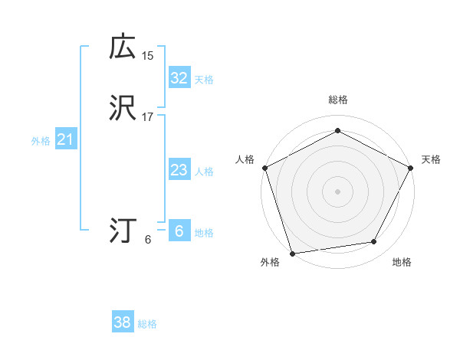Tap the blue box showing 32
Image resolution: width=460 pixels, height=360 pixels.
click(x=179, y=77)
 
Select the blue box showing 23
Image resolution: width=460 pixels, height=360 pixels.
click(x=179, y=170)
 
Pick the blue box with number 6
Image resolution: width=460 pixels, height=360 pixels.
click(x=179, y=231)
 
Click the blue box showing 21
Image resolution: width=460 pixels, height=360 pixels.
click(x=65, y=139)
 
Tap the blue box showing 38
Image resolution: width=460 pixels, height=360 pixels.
click(x=122, y=322)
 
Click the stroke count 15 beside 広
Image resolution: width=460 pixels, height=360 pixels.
click(x=148, y=55)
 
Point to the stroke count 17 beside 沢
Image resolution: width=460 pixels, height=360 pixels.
click(x=148, y=117)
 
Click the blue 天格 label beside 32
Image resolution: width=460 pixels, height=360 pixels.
click(x=204, y=79)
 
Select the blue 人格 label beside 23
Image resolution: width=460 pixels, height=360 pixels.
click(x=204, y=172)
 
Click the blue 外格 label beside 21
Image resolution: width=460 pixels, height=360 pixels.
click(x=41, y=141)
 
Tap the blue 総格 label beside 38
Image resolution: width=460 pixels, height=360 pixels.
click(x=147, y=324)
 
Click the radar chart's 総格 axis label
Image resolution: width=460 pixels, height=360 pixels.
click(x=337, y=100)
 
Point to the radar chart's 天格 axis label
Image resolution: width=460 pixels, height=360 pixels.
click(x=431, y=159)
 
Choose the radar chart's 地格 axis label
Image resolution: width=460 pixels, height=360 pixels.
click(x=402, y=262)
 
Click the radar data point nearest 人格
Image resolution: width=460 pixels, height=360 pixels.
click(x=264, y=167)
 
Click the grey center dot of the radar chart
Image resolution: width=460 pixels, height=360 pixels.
click(x=337, y=191)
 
